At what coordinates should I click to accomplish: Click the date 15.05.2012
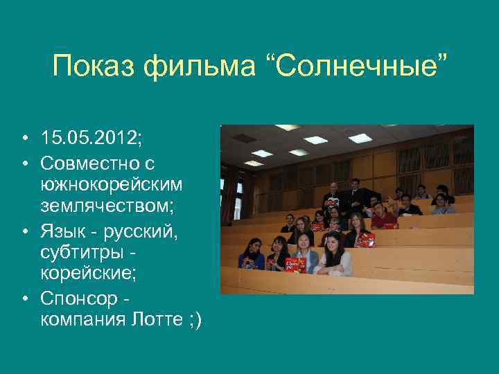click(x=90, y=137)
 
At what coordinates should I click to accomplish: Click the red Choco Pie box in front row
click(x=295, y=265)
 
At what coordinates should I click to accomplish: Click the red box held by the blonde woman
click(x=365, y=240)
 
